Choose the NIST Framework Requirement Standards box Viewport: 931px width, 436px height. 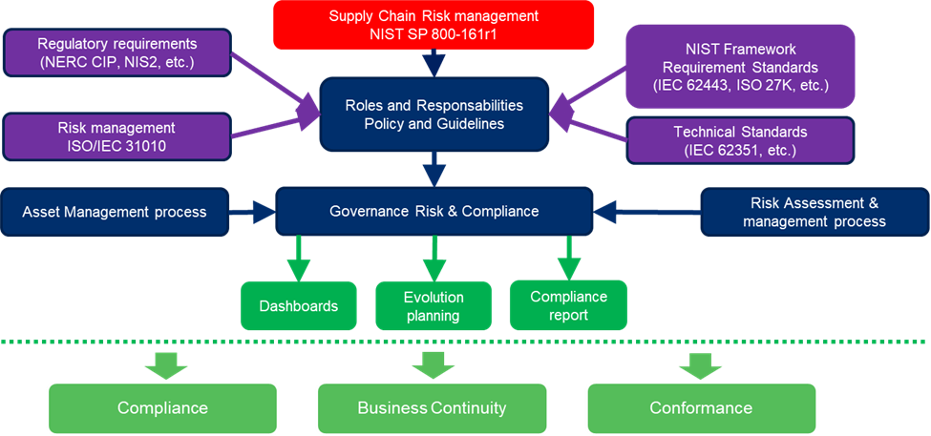pos(741,66)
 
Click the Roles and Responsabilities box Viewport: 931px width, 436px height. pos(434,114)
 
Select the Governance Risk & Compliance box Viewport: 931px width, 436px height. pos(434,211)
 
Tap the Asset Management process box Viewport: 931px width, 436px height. pos(115,212)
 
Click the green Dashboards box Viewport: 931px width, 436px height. pos(298,306)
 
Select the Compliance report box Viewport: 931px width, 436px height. pos(568,305)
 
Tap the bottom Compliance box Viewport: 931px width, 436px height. pos(162,407)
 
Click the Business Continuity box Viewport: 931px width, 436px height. pos(432,407)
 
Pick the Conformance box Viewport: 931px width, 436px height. pos(700,407)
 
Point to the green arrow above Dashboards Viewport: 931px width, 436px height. pos(299,258)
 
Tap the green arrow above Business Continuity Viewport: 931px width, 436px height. pos(432,364)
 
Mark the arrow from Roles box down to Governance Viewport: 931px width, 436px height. pos(434,169)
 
